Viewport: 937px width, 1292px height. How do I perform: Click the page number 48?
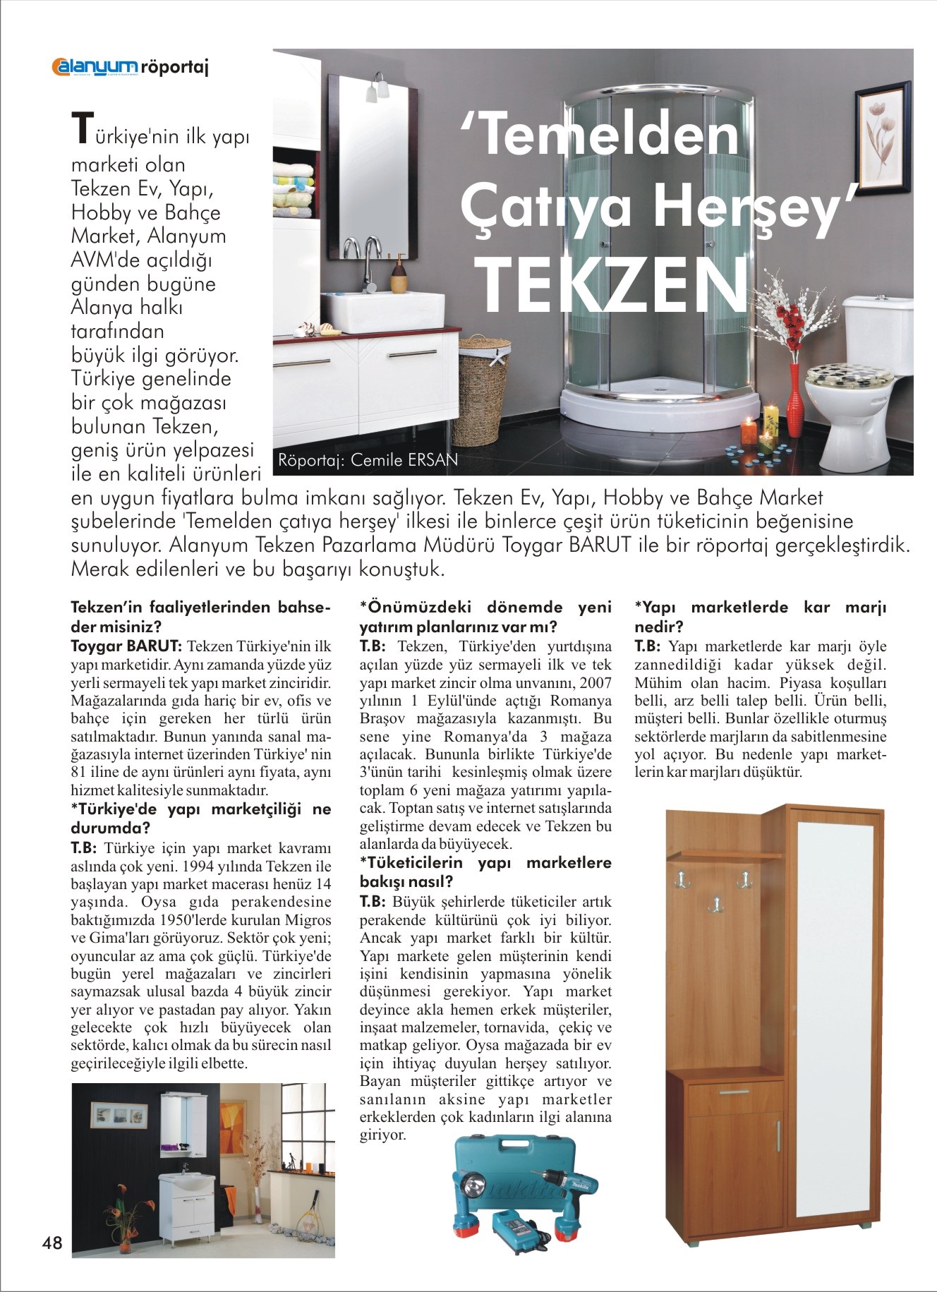click(x=52, y=1243)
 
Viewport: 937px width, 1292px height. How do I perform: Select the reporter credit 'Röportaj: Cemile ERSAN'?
click(x=368, y=460)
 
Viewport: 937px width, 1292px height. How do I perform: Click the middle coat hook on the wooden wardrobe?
click(x=716, y=904)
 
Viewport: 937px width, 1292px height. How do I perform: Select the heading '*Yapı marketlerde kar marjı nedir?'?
click(x=760, y=616)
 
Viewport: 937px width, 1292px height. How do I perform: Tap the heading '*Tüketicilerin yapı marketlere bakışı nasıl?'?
click(x=485, y=871)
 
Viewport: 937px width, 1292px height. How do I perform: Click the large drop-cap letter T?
click(x=82, y=127)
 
